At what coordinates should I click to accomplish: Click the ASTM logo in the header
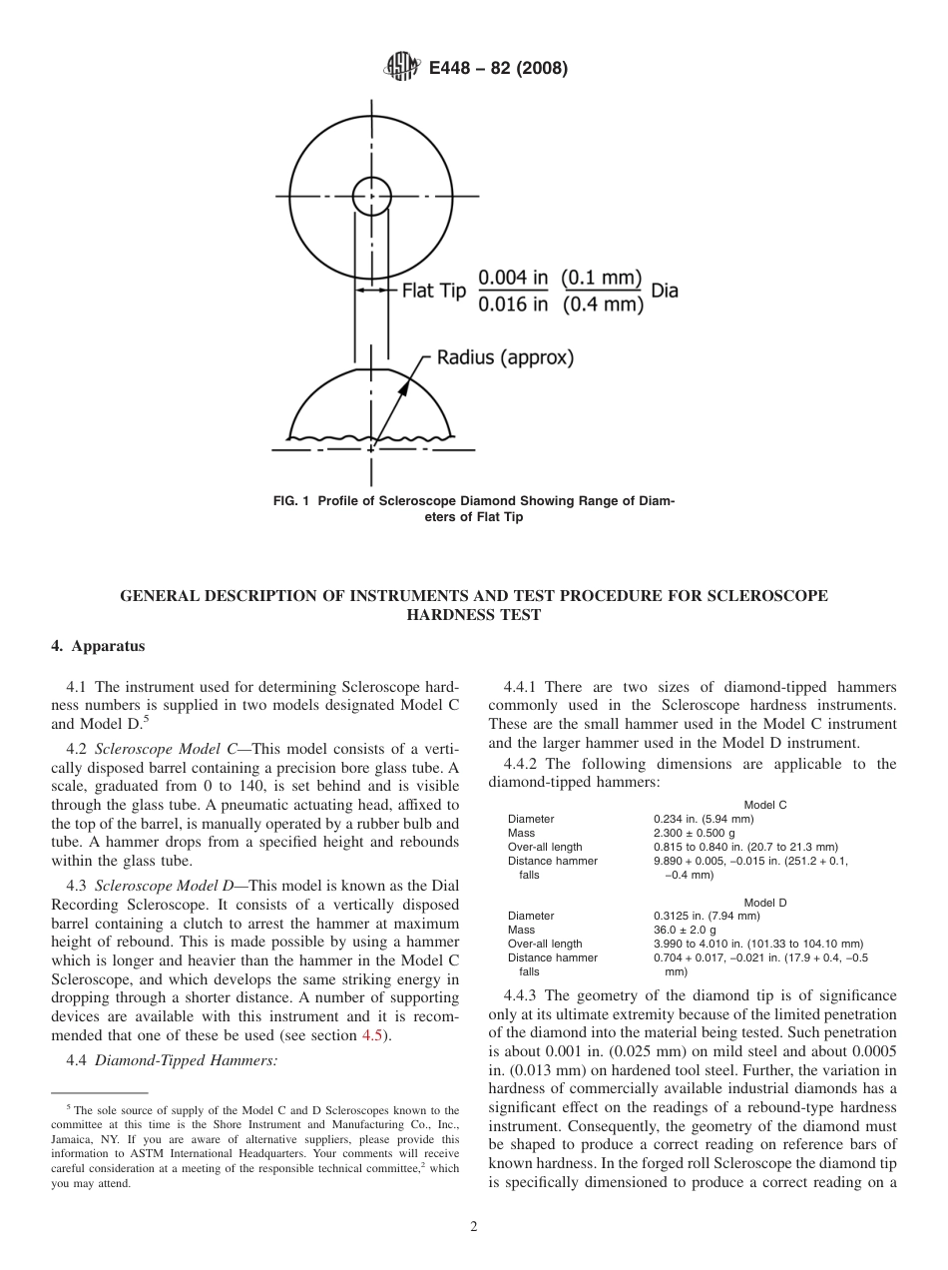coord(401,68)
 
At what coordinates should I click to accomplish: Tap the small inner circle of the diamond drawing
coord(372,196)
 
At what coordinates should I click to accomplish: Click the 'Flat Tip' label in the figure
coord(434,292)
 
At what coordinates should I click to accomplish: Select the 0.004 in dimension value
coord(514,278)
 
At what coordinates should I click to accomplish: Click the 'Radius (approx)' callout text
coord(506,357)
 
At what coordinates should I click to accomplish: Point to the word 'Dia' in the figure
coord(665,292)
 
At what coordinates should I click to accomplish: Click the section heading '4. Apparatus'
coord(98,646)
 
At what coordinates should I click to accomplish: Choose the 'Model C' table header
coord(764,805)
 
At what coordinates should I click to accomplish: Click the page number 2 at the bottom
coord(474,1227)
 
